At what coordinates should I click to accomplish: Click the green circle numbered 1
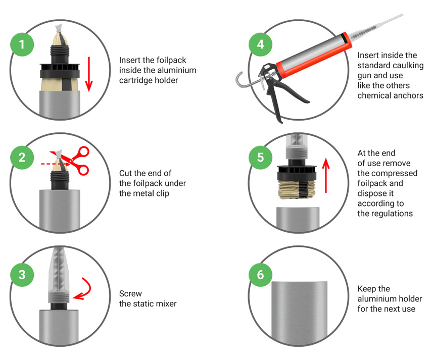[22, 44]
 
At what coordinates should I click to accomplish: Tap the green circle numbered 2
[22, 158]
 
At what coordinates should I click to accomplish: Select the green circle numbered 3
[22, 275]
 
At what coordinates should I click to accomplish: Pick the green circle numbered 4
[260, 44]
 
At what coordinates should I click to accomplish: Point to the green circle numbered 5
[260, 158]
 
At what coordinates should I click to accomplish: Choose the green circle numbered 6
[260, 275]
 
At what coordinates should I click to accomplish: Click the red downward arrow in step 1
[89, 74]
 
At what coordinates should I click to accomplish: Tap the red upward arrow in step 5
[326, 175]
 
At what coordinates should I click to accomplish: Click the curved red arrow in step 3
[87, 289]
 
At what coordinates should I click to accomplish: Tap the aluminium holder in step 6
[300, 313]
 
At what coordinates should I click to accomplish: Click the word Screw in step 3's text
[130, 294]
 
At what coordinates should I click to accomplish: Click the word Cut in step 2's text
[125, 173]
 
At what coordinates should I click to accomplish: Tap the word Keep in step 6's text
[367, 289]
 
